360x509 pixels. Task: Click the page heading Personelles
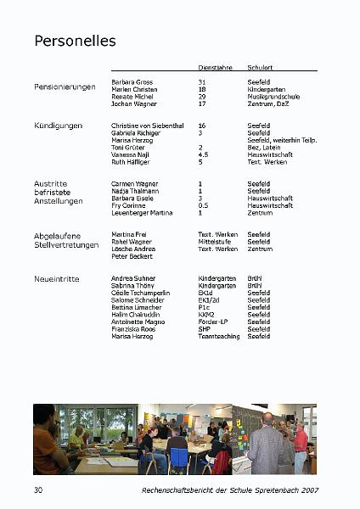click(x=75, y=41)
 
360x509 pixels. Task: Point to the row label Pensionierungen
click(x=65, y=87)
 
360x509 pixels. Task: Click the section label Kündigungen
click(x=58, y=126)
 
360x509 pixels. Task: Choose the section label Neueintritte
click(x=58, y=278)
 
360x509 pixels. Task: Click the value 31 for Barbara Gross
click(x=202, y=82)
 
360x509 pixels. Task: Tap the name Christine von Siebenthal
click(x=147, y=126)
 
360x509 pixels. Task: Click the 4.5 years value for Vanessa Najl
click(x=203, y=154)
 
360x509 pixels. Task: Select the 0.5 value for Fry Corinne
click(x=203, y=205)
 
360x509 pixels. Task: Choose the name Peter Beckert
click(x=131, y=256)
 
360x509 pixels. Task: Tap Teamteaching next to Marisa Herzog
click(x=219, y=337)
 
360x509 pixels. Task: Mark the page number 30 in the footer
click(x=38, y=489)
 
